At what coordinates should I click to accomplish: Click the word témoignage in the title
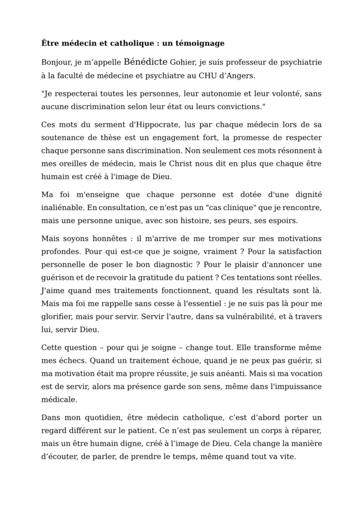coord(200,43)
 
